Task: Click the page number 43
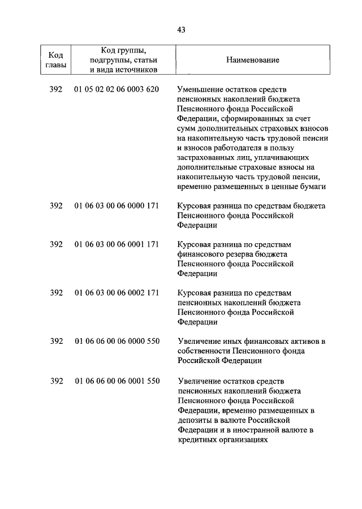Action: pos(181,30)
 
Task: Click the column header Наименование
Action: pos(252,60)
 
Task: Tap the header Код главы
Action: pos(55,60)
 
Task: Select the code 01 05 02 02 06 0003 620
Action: pos(117,89)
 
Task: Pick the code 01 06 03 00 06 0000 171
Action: pos(117,206)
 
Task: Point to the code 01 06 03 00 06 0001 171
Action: pos(117,244)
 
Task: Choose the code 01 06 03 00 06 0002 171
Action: pos(117,293)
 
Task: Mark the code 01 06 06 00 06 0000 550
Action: pos(117,341)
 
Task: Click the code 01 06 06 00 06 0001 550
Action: pos(117,381)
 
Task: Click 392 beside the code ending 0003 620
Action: pos(56,89)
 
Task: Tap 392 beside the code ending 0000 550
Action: pos(56,341)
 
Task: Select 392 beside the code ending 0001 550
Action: pos(56,381)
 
